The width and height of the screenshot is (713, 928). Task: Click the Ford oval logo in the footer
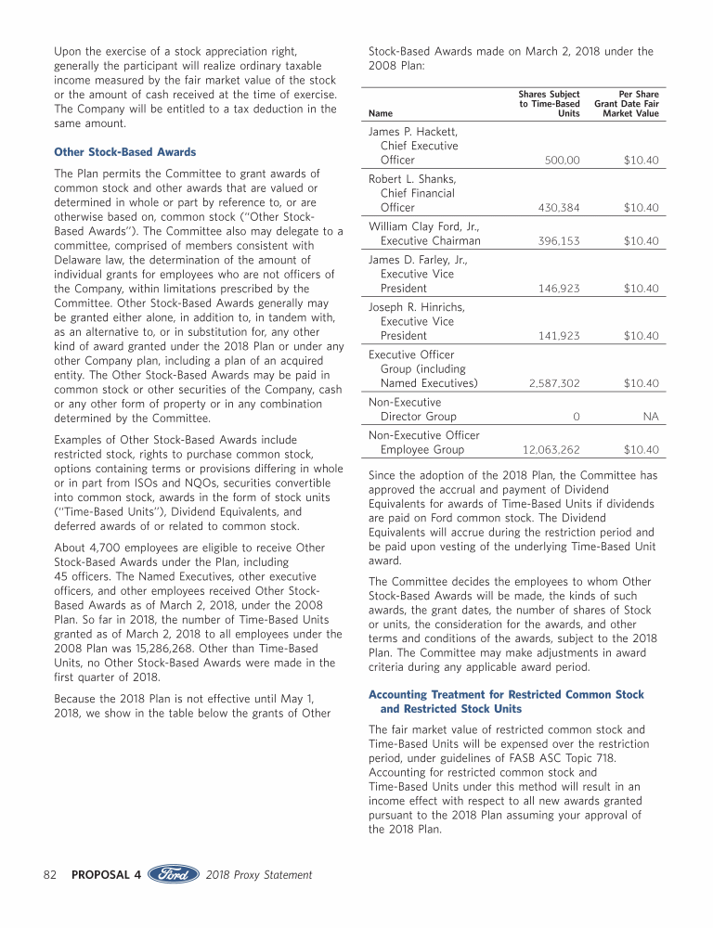coord(173,874)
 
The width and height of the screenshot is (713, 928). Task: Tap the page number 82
coord(52,874)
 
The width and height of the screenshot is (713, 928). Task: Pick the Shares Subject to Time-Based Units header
coord(549,104)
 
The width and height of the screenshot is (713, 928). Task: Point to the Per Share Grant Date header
coord(627,104)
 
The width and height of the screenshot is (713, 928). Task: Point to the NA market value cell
coord(651,417)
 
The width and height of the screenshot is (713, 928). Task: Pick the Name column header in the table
coord(381,114)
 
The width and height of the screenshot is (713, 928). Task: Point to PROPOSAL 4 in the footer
coord(106,874)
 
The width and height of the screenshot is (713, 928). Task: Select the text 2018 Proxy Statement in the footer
coord(259,874)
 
